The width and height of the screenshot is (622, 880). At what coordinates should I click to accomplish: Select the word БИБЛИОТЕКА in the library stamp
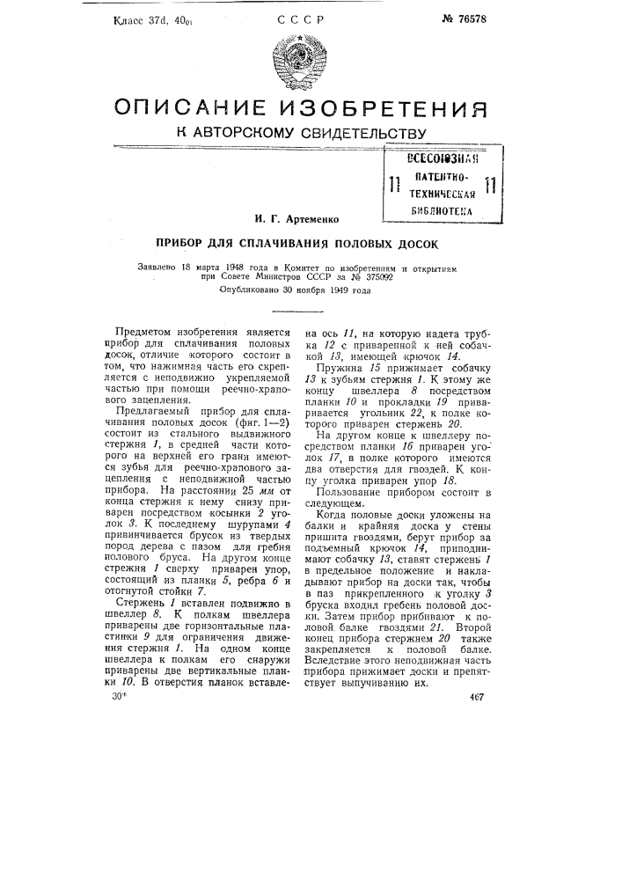(x=443, y=212)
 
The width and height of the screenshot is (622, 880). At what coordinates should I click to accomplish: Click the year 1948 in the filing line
(x=231, y=265)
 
